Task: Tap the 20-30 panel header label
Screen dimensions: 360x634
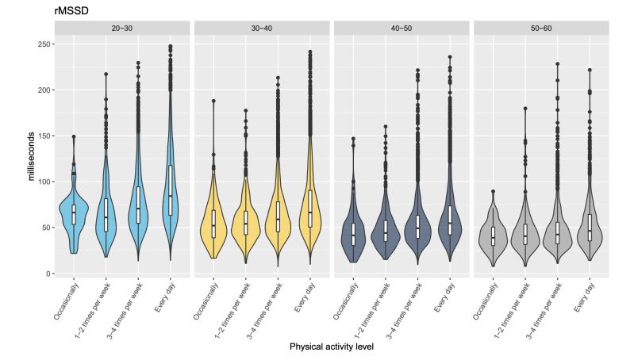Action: click(x=123, y=28)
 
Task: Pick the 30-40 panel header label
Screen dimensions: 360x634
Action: click(x=262, y=28)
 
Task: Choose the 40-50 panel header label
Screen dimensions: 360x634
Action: click(x=402, y=28)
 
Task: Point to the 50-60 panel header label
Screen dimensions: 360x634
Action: click(x=540, y=28)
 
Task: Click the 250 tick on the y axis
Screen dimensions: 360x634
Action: click(x=41, y=44)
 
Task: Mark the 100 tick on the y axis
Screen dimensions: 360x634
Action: click(x=41, y=182)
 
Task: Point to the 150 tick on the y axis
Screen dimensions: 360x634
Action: click(x=41, y=136)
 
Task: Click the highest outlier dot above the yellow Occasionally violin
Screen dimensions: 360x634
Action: click(x=213, y=101)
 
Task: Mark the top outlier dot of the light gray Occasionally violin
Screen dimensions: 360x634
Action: click(x=492, y=191)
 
